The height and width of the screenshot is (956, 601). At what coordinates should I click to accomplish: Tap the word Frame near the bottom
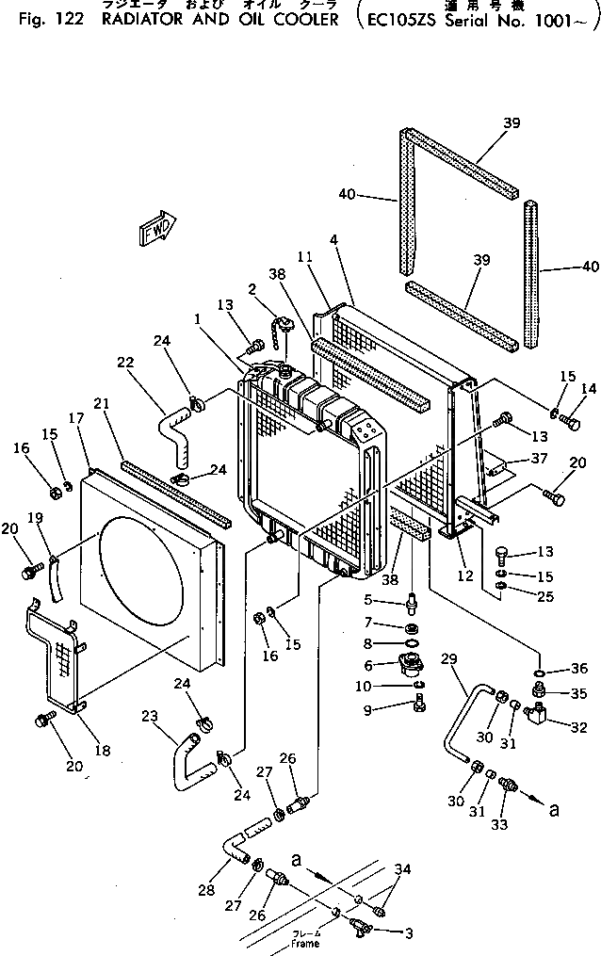tap(305, 943)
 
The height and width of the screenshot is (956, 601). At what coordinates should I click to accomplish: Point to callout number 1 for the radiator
tap(198, 319)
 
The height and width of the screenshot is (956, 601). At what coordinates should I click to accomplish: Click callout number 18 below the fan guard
tap(102, 751)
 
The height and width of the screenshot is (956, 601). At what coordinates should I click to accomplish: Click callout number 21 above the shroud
tap(102, 403)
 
